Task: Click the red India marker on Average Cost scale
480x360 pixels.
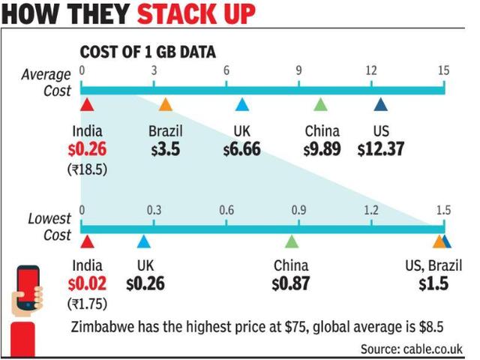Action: (87, 104)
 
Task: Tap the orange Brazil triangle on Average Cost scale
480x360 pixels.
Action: (166, 104)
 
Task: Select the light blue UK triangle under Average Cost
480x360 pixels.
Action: (242, 104)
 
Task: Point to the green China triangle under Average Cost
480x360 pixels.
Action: (320, 104)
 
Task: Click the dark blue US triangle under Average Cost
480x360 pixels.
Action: (381, 104)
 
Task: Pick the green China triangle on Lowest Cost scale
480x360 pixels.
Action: (292, 241)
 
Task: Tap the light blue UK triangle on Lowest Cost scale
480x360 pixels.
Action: (143, 241)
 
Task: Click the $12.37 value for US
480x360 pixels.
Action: (381, 149)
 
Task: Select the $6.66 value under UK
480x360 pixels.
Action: (241, 149)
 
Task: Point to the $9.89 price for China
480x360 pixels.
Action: (322, 149)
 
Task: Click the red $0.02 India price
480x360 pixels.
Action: (87, 283)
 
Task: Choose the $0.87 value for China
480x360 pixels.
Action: (291, 283)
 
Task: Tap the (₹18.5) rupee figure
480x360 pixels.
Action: (87, 169)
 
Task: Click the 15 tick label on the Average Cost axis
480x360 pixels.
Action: (443, 70)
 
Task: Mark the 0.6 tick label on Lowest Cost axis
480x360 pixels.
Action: (226, 210)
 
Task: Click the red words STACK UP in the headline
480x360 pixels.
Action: (196, 13)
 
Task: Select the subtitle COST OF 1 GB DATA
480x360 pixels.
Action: (148, 52)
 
